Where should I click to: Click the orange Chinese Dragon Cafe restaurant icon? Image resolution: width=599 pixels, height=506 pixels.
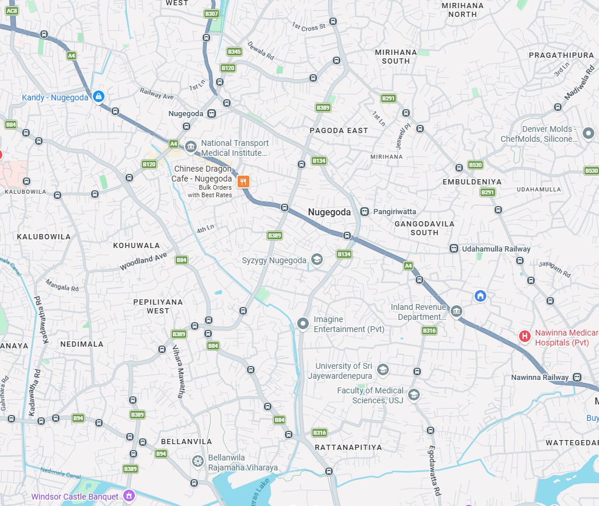click(243, 182)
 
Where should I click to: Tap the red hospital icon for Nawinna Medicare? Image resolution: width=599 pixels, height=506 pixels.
click(525, 336)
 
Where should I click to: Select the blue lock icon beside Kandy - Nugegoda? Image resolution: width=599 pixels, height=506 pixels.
click(98, 96)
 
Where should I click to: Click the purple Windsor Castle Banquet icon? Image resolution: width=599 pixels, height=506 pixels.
click(129, 496)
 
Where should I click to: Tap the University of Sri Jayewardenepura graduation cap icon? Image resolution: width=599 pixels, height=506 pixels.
click(382, 369)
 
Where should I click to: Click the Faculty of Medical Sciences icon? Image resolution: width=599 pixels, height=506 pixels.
click(413, 395)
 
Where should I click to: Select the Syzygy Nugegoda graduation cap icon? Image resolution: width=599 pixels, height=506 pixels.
click(316, 260)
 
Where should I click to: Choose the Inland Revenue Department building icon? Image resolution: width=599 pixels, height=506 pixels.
click(457, 312)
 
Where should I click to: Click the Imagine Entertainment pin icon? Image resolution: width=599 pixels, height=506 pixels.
click(302, 323)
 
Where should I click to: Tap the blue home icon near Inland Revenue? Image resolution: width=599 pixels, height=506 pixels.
click(480, 296)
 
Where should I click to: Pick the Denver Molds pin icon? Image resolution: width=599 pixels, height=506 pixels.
click(588, 134)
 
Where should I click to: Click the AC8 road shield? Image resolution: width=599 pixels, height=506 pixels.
click(12, 11)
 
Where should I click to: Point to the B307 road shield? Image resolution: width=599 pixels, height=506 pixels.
click(211, 13)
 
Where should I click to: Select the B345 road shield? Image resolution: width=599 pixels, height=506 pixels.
click(235, 52)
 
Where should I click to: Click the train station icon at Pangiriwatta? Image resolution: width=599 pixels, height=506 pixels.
click(365, 212)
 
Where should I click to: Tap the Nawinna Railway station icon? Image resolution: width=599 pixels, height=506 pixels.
click(577, 377)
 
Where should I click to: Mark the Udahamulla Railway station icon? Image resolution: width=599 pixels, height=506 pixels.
click(454, 249)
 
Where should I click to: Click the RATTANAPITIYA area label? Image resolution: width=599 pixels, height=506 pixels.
click(348, 447)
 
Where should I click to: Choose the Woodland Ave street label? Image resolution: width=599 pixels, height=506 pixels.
click(144, 261)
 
